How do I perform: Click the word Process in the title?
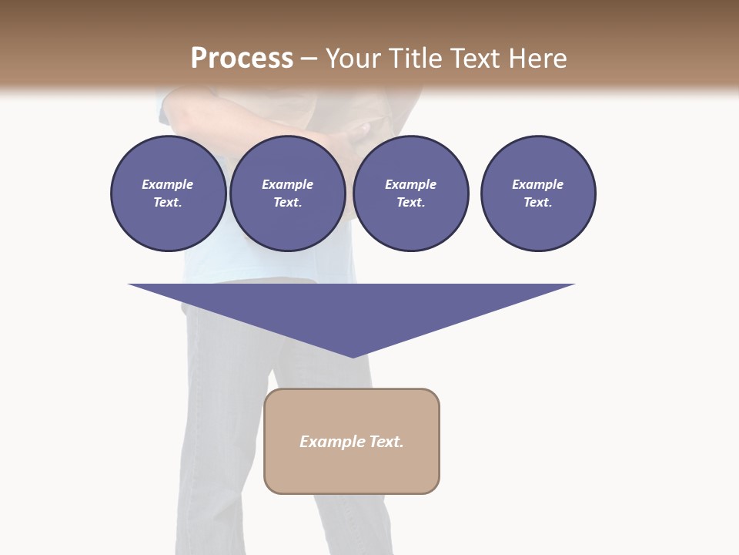point(242,59)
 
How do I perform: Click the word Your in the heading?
point(355,59)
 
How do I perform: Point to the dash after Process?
point(309,59)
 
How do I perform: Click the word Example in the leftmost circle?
point(168,184)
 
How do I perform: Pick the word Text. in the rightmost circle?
point(538,203)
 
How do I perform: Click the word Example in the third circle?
point(410,184)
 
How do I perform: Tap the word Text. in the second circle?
point(288,203)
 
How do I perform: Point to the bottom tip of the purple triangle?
point(353,355)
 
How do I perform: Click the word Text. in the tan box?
point(386,442)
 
